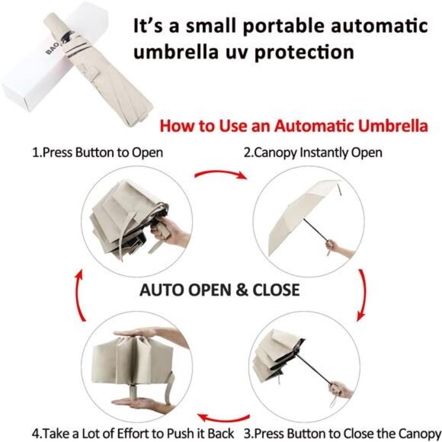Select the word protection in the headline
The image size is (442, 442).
coord(304,53)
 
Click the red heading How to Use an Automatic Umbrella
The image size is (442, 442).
coord(293,126)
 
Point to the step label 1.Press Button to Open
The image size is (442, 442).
coord(98,152)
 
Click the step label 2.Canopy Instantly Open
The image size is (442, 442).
coord(313,152)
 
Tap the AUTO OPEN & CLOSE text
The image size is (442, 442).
coord(219,290)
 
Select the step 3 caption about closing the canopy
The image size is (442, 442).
coord(342,434)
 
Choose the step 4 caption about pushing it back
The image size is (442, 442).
coord(133,434)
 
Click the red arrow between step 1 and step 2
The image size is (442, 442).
coord(220,172)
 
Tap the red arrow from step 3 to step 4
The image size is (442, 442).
coord(223,418)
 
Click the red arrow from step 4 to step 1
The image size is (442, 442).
coord(78,295)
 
